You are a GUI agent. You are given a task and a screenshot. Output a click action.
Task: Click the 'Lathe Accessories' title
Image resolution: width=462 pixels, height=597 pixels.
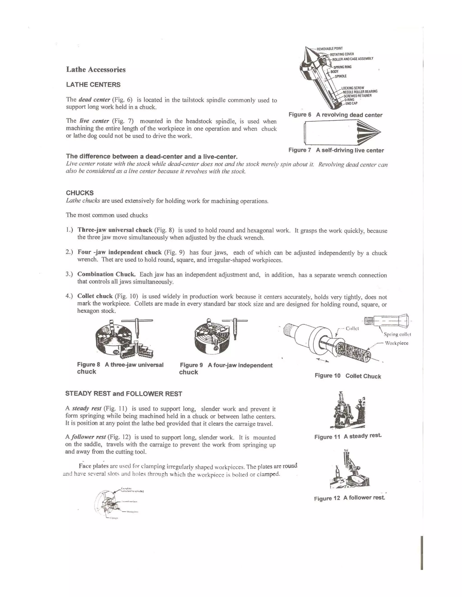pos(96,69)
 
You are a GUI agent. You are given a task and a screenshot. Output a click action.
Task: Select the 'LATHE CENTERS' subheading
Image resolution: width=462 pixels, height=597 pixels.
pos(93,85)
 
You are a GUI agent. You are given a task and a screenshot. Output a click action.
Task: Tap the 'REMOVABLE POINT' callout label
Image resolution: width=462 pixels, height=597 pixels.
pos(330,48)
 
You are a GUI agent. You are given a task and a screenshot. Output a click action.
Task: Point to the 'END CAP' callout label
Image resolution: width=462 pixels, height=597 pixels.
pos(351,103)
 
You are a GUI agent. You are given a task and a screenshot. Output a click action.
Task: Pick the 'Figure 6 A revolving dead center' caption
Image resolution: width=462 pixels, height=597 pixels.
pos(335,115)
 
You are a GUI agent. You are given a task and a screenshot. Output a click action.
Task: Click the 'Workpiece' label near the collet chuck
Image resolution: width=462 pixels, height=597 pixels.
pos(396,343)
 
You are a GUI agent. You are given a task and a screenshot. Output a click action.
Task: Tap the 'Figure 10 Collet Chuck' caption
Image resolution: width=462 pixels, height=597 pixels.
pos(348,376)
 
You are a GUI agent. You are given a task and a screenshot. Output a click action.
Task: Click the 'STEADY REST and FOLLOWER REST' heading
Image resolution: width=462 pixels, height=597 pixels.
pos(124,394)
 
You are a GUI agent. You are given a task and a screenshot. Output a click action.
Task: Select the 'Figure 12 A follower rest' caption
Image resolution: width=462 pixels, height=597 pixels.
pos(349,498)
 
